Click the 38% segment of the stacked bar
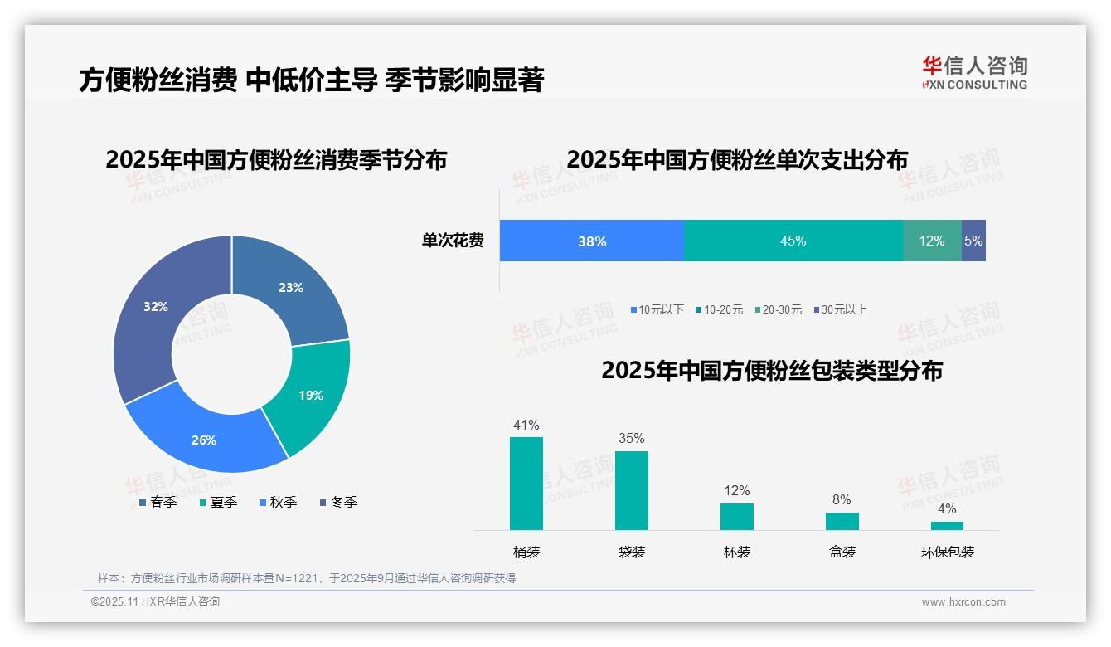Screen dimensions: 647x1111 pos(592,241)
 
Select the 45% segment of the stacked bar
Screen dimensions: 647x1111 pos(793,241)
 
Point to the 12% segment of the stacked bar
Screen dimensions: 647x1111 pos(932,241)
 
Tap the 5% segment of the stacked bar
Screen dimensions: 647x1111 pos(974,241)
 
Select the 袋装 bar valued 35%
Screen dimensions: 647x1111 pos(632,490)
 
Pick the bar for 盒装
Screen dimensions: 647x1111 pos(842,521)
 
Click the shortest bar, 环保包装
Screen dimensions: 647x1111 pos(948,525)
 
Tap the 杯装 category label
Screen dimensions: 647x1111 pos(737,552)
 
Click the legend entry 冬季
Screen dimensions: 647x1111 pos(339,503)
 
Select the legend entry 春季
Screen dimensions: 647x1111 pos(158,503)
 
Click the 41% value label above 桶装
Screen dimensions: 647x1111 pos(526,426)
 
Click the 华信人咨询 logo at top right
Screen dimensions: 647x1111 pos(974,72)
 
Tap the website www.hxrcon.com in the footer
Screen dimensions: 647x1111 pos(963,602)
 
